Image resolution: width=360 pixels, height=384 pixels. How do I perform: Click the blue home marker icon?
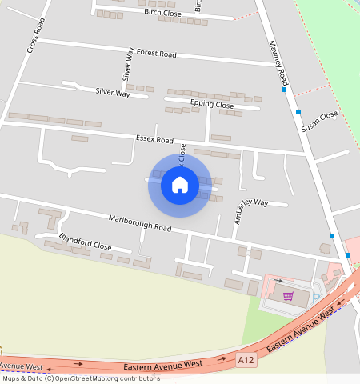(180, 186)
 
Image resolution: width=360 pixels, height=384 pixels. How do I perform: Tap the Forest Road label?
(156, 54)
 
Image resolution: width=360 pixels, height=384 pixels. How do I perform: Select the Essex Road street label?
(154, 140)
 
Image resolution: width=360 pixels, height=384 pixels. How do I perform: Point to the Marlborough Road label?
(140, 222)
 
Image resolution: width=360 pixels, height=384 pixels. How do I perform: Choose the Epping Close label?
(212, 105)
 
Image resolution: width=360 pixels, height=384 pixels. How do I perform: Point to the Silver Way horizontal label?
(112, 93)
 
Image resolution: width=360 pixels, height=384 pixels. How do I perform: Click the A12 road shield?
(246, 361)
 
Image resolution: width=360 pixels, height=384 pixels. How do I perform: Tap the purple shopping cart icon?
(288, 296)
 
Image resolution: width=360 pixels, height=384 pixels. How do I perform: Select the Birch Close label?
(162, 14)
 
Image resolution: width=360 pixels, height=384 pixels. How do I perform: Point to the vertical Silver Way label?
(127, 64)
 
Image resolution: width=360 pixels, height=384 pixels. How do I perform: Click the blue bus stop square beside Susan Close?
(298, 112)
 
